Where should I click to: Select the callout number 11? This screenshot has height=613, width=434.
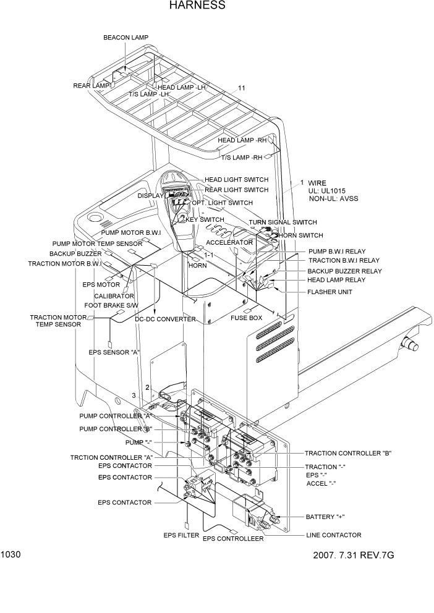tap(242, 88)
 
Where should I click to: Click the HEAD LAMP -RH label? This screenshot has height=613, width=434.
tap(242, 140)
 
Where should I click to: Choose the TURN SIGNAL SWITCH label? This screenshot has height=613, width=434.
tap(283, 222)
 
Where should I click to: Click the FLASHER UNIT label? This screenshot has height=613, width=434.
tap(330, 292)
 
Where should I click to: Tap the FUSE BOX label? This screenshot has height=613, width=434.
tap(247, 318)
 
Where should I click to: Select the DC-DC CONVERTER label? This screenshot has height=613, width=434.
tap(165, 319)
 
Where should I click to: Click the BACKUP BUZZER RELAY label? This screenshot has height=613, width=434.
tap(344, 271)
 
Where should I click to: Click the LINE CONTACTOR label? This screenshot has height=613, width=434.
tap(334, 535)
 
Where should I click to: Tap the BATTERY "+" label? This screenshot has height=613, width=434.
tap(325, 517)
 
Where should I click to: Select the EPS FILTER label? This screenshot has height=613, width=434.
tap(181, 535)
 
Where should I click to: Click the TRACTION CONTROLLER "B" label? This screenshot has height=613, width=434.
tap(348, 453)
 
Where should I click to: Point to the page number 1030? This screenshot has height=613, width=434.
tap(11, 554)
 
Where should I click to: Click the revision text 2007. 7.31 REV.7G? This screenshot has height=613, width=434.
tap(354, 555)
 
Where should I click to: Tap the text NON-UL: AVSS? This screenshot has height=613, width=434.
tap(333, 200)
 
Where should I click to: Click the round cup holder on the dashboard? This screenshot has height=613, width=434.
tap(95, 218)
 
